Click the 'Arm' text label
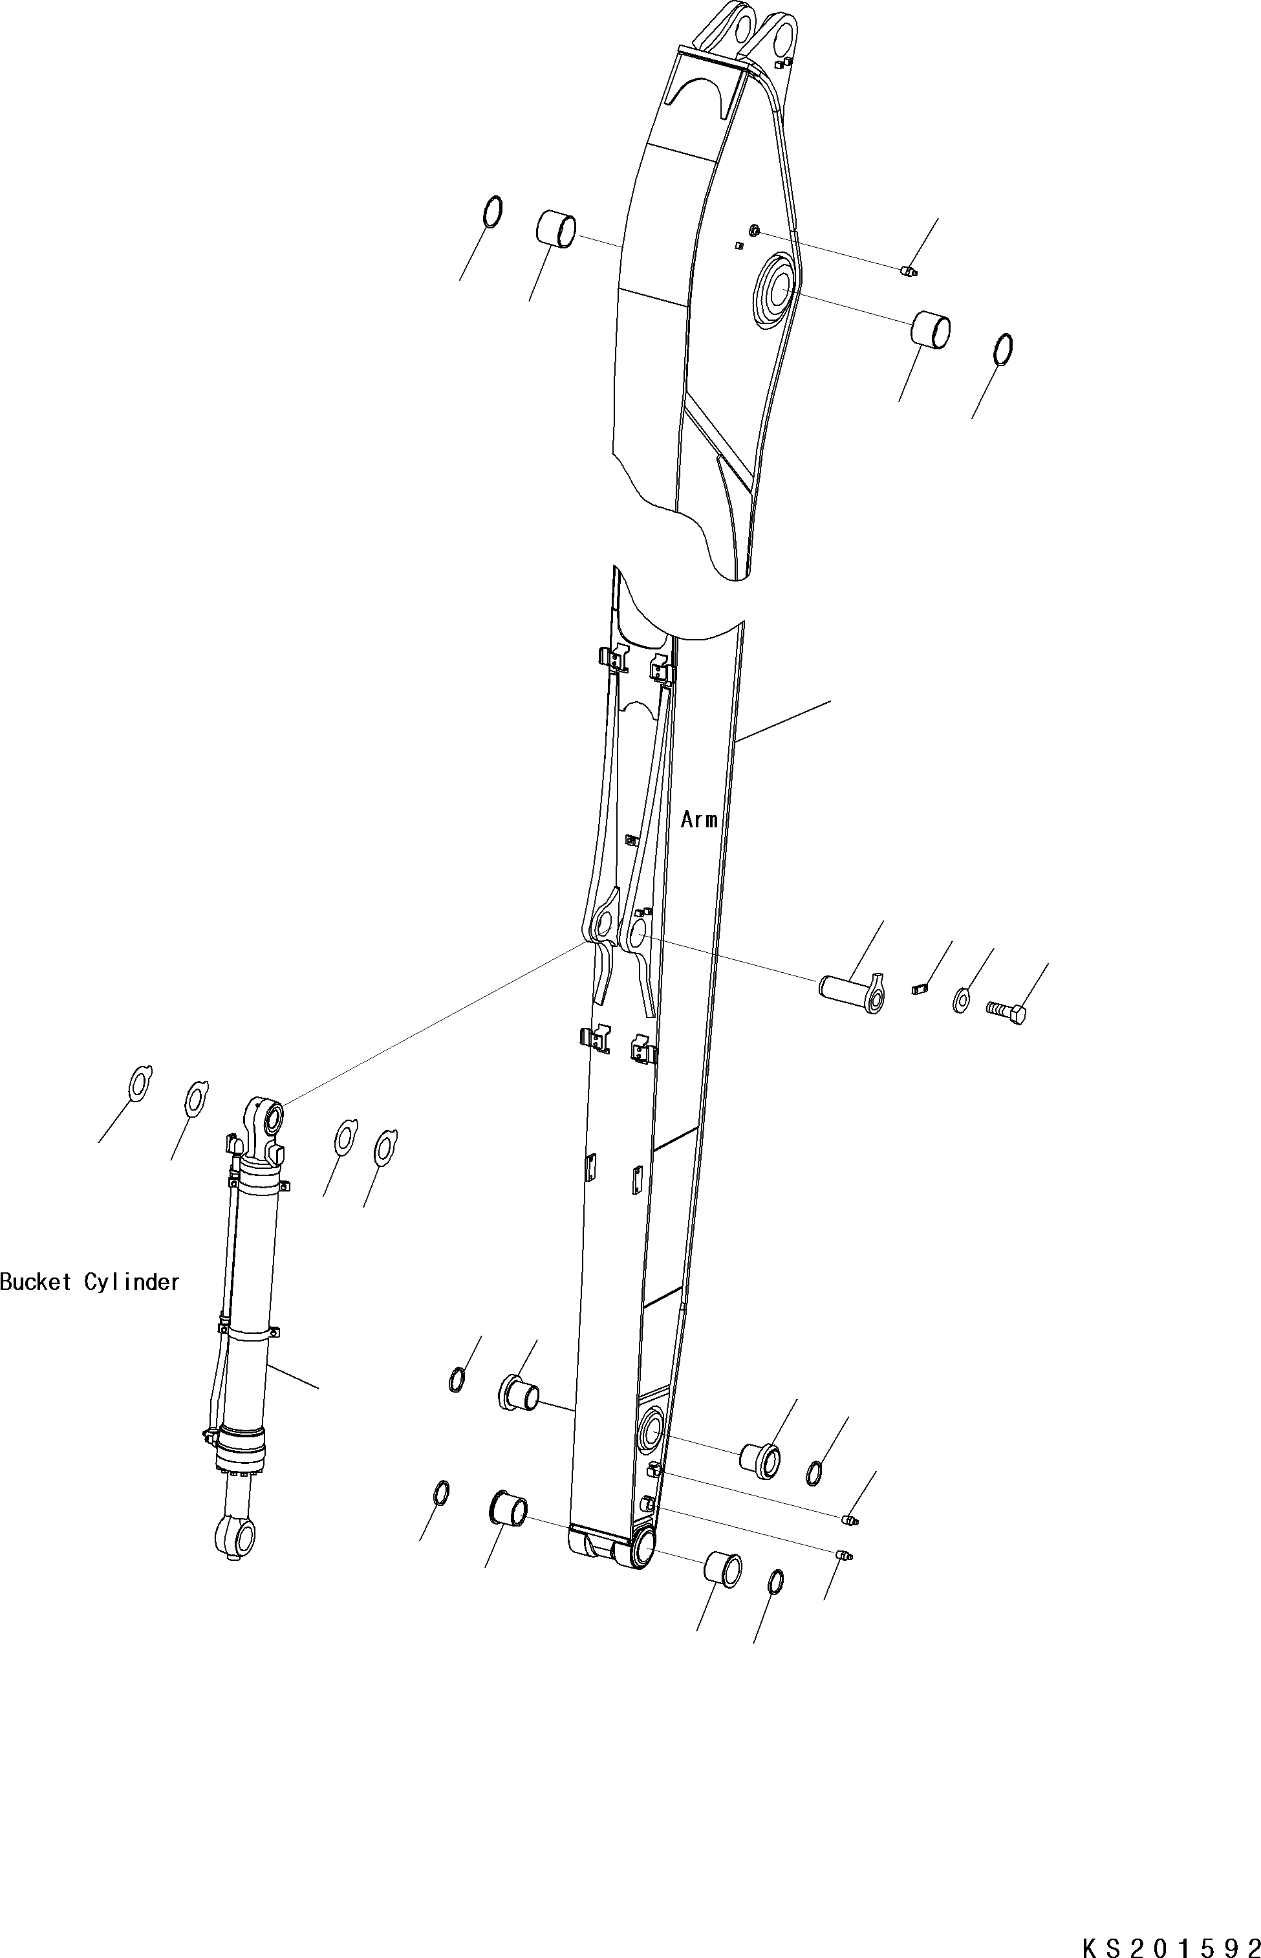tap(698, 820)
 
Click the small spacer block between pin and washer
tap(919, 988)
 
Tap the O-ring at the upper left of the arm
tap(493, 212)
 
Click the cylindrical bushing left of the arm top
tap(557, 228)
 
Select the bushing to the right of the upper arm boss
tap(932, 329)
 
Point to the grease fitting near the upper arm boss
tap(907, 271)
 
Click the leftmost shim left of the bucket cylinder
tap(140, 1084)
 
